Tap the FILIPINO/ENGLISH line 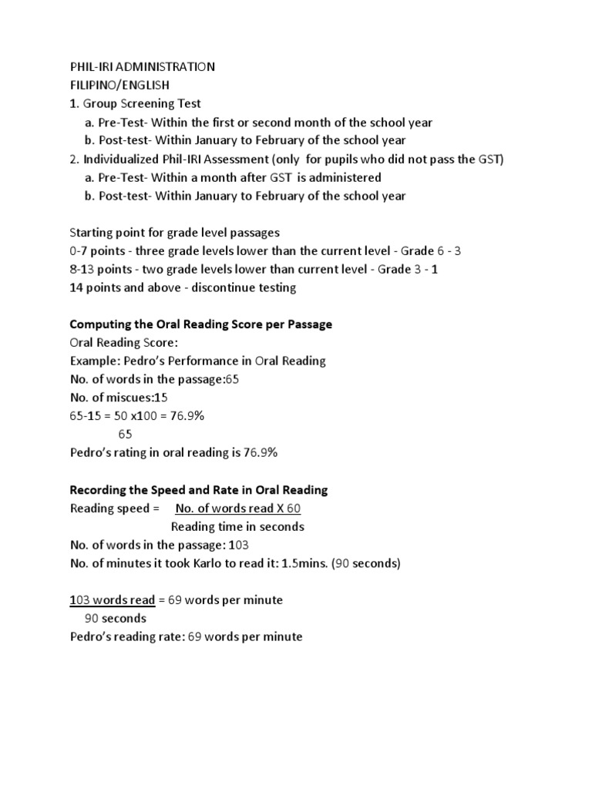pyautogui.click(x=120, y=86)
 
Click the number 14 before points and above pyautogui.click(x=77, y=288)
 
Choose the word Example pyautogui.click(x=92, y=361)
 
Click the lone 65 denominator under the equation pyautogui.click(x=126, y=435)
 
